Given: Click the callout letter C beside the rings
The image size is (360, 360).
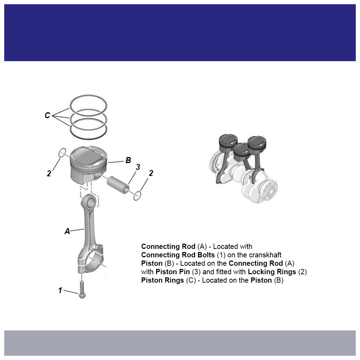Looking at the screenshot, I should [x=47, y=115].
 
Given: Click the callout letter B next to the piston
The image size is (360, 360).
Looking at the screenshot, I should [x=128, y=160].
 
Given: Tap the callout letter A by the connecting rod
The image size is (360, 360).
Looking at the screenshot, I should [x=67, y=231].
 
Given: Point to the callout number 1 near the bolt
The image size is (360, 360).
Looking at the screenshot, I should [x=60, y=290].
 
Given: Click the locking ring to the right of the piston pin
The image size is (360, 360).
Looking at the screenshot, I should [x=137, y=196].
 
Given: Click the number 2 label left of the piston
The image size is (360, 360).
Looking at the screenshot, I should [x=49, y=173].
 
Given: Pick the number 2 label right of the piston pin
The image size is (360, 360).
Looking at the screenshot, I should [x=151, y=173].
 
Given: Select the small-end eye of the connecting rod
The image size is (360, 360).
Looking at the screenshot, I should [x=90, y=202].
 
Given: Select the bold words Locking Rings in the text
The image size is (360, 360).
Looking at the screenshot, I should [x=272, y=272].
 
